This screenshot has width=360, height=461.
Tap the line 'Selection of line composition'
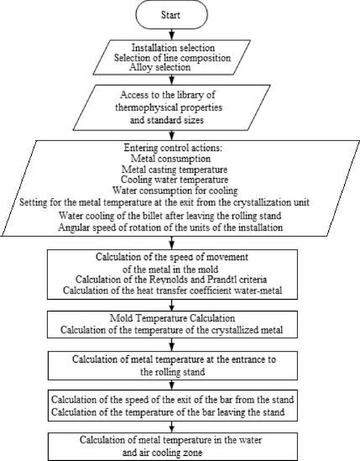click(171, 57)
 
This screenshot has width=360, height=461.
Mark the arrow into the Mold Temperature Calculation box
click(171, 305)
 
